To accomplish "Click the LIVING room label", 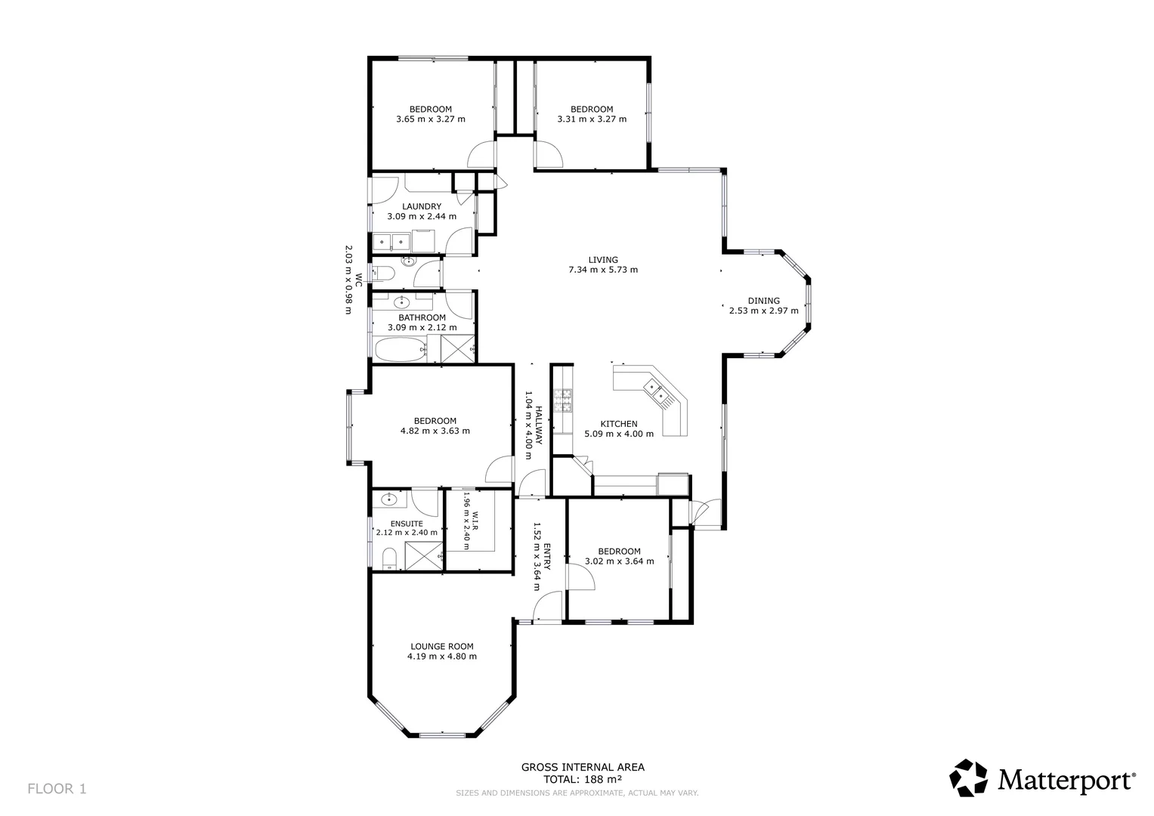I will (x=602, y=260).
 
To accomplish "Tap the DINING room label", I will (x=763, y=301).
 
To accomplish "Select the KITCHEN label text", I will (x=618, y=424).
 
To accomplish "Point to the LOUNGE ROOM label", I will (x=441, y=646).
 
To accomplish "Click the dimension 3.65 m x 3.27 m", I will (x=430, y=119).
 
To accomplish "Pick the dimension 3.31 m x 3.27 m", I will (x=591, y=119).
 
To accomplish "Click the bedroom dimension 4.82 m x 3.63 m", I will (x=435, y=431).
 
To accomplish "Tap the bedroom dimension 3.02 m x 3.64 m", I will (x=619, y=561).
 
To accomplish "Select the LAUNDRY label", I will (x=421, y=206).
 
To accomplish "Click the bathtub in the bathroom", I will (x=401, y=349).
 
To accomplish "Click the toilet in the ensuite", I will (x=389, y=559).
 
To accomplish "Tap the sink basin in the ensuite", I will (x=390, y=499).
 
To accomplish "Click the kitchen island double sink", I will (x=654, y=390).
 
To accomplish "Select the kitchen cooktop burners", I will (x=563, y=400).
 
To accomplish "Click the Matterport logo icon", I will (x=968, y=778).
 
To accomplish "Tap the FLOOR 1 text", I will (x=57, y=789).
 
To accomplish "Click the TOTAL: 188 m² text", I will (x=583, y=779).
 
